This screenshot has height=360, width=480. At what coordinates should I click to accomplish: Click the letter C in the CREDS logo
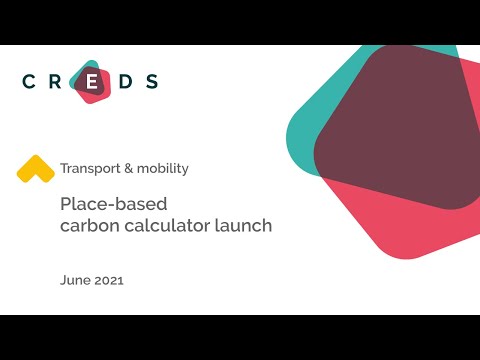(x=29, y=83)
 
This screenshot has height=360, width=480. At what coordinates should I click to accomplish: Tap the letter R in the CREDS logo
(x=60, y=83)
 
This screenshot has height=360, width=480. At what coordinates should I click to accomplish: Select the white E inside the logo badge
(x=92, y=83)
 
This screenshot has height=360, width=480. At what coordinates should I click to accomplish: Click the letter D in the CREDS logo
(x=123, y=83)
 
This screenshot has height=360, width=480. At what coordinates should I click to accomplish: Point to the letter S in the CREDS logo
(x=152, y=83)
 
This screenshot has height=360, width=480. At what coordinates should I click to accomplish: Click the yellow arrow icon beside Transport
(x=35, y=168)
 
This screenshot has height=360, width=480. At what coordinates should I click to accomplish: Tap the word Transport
(x=90, y=169)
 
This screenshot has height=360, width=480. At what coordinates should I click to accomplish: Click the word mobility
(x=163, y=169)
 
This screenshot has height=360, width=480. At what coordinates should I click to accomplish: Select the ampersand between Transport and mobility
(x=129, y=169)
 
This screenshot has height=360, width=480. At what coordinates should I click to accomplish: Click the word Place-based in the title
(x=104, y=205)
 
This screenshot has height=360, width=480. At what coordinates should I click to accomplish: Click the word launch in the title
(x=244, y=226)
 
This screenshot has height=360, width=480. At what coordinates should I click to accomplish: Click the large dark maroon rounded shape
(x=400, y=130)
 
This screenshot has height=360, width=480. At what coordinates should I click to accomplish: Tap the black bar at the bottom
(x=240, y=337)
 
